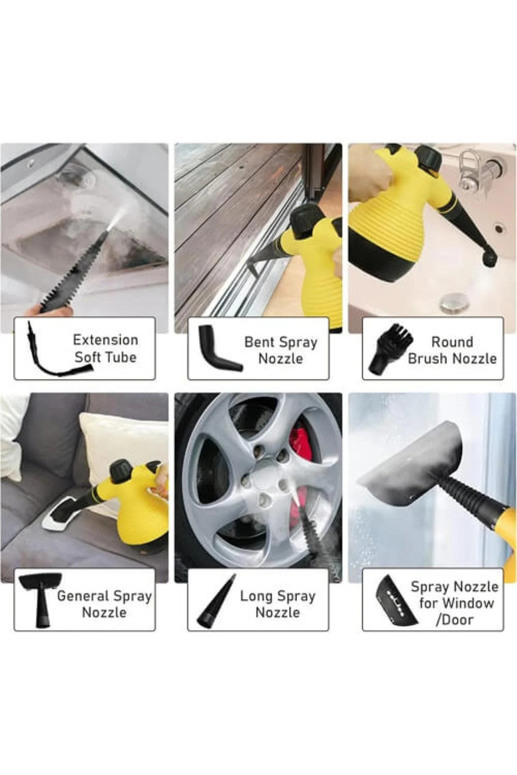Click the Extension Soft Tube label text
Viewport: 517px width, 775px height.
pos(105,348)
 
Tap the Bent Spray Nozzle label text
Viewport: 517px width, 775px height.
pos(280,350)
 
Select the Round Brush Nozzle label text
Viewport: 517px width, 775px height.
pos(452,350)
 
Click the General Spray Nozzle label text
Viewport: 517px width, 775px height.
pos(104,603)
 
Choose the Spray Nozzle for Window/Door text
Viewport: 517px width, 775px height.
pos(454,602)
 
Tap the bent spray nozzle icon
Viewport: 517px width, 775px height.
pos(217,348)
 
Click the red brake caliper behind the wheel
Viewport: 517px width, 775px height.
pos(300,447)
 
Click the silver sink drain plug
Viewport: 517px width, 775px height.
pos(454,301)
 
